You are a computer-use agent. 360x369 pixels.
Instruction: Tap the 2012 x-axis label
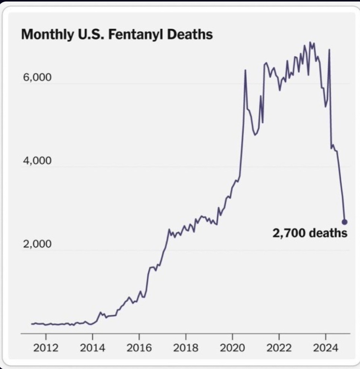[x=46, y=348]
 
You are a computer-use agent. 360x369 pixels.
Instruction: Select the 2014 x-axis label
[x=93, y=348]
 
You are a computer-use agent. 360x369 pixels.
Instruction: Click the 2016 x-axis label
[x=139, y=348]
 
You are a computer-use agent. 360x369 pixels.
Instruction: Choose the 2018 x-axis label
[x=186, y=348]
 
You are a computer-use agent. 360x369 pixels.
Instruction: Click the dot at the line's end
[x=344, y=222]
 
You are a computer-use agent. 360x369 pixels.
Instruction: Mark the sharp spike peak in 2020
[x=245, y=70]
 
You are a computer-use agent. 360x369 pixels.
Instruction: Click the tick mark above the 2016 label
[x=139, y=335]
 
